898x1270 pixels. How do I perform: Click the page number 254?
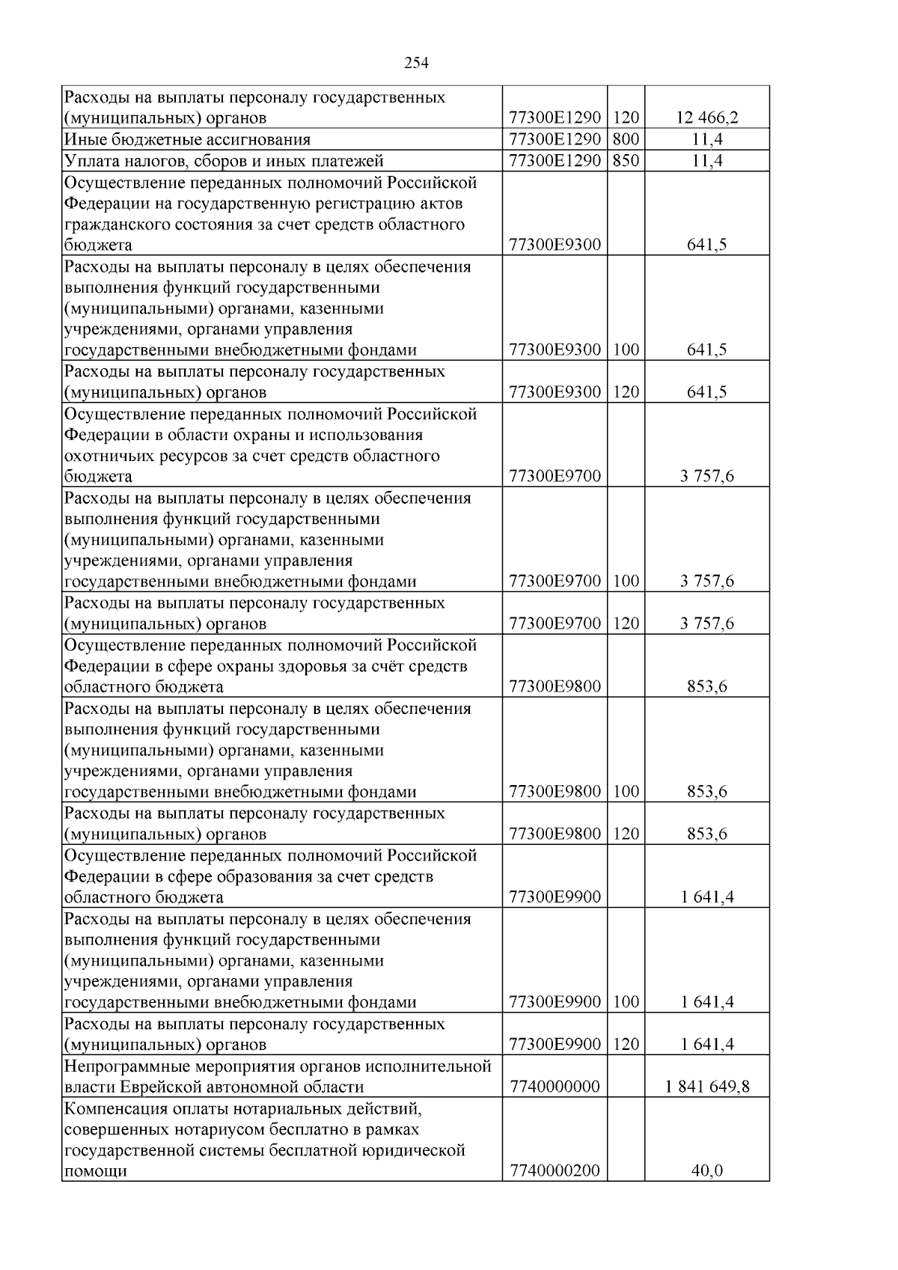tap(416, 64)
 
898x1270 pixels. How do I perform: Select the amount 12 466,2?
tap(706, 118)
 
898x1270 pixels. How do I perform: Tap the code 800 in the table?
tap(626, 139)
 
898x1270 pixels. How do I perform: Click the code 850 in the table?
tap(626, 160)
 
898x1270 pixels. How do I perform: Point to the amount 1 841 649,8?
tap(706, 1087)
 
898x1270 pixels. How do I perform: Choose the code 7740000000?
tap(554, 1087)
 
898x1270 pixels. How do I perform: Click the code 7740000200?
tap(554, 1171)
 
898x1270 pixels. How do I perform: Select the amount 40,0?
tap(706, 1171)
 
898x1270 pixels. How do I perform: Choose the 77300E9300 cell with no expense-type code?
tap(554, 245)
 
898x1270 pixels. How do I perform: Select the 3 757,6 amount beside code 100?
tap(706, 581)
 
